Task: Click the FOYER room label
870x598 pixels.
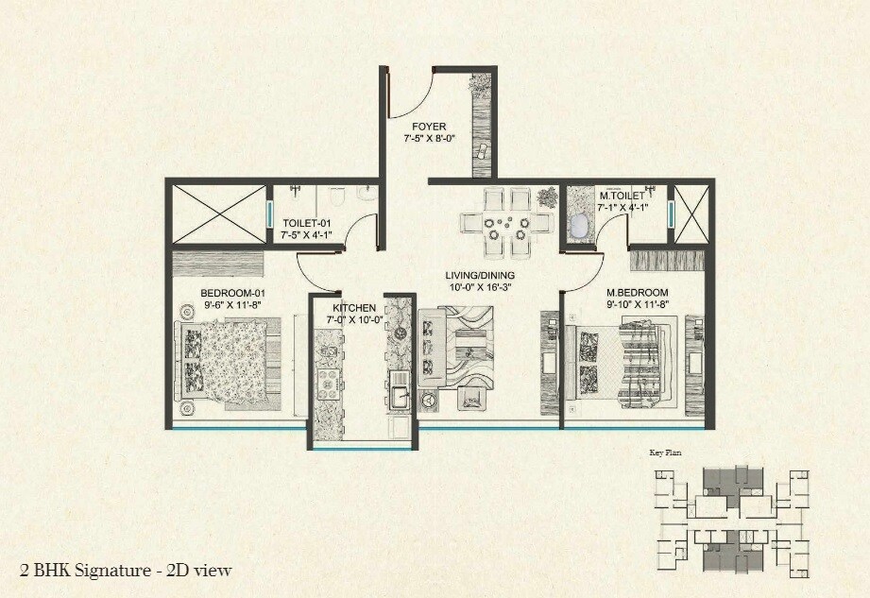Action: click(428, 127)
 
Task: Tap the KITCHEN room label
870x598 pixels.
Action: click(354, 308)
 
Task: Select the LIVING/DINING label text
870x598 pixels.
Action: click(480, 276)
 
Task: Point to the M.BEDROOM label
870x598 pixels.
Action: click(637, 292)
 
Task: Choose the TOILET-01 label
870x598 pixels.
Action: click(305, 223)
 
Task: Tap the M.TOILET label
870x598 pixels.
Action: click(623, 196)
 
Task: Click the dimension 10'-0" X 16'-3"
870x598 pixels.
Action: click(480, 287)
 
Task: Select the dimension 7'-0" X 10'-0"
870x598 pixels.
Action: click(354, 319)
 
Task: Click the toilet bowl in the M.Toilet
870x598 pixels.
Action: click(579, 226)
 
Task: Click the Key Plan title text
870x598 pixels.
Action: click(666, 453)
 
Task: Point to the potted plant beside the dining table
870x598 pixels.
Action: click(547, 197)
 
